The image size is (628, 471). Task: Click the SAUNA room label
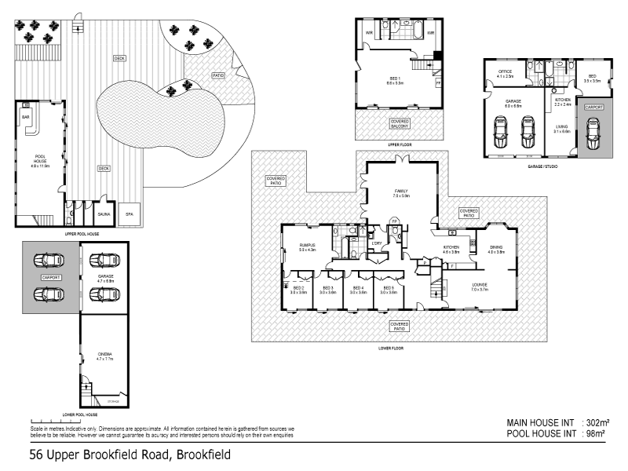click(104, 212)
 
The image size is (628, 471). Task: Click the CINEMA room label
click(104, 356)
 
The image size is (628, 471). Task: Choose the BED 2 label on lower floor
click(298, 290)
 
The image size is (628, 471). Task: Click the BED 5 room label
click(388, 290)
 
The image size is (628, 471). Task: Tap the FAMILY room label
click(401, 193)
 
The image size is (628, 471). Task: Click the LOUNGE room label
click(480, 287)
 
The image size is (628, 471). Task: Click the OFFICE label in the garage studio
click(505, 74)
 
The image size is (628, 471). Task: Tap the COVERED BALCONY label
click(399, 122)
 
